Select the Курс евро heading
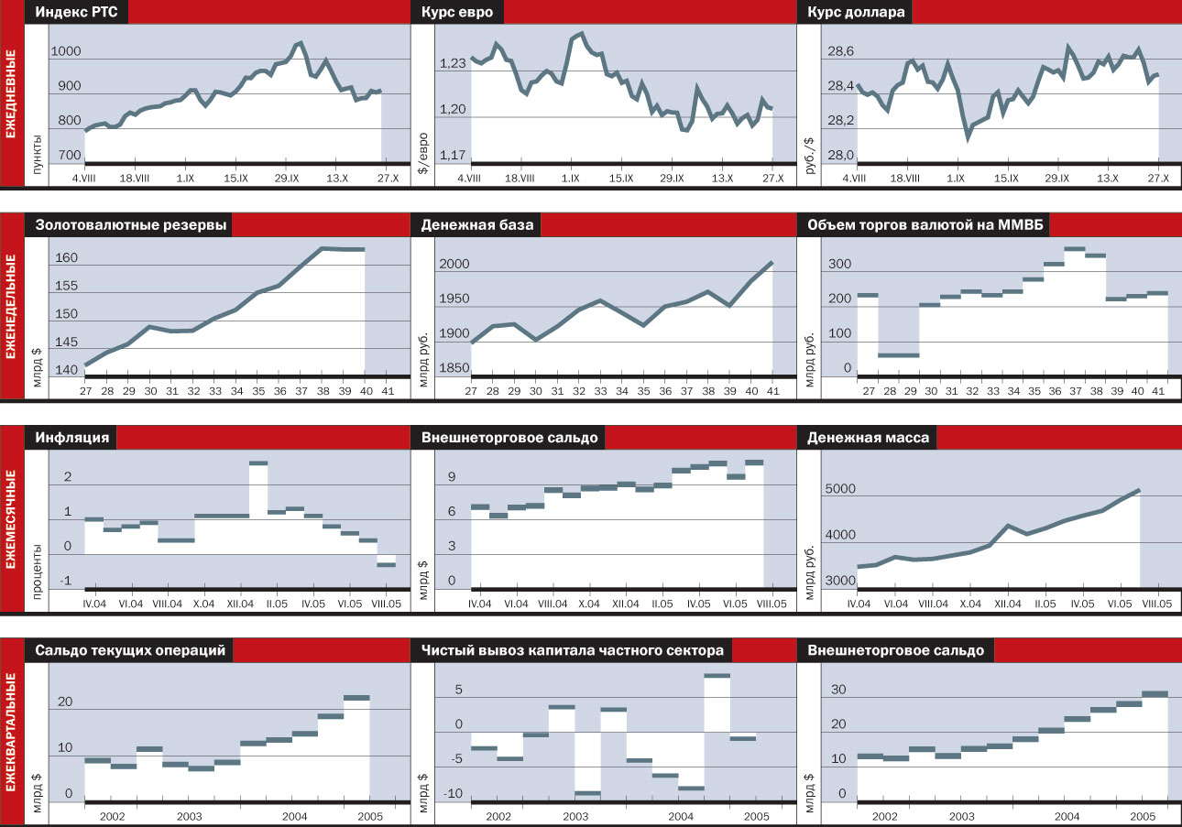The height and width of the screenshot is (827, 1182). click(x=457, y=13)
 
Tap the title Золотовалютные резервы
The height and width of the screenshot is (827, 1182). click(x=132, y=225)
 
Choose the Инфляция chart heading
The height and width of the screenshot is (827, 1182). click(x=72, y=438)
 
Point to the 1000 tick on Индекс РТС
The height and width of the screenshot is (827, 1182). click(x=68, y=53)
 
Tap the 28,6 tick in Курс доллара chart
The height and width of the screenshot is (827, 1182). click(x=840, y=53)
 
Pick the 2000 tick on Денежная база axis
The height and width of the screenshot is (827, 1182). click(x=455, y=266)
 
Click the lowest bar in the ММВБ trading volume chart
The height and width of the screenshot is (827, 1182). click(x=900, y=355)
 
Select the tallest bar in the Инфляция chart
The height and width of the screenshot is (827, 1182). click(x=258, y=463)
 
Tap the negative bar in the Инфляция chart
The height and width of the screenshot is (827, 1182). click(x=386, y=565)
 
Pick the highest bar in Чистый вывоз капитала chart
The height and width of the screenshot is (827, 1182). click(x=717, y=676)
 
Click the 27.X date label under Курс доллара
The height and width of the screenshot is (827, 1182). click(x=1158, y=179)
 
